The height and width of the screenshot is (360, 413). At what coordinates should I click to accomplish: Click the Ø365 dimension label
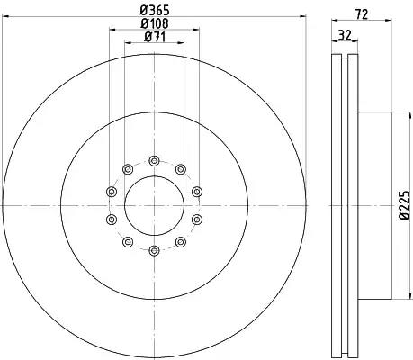155,10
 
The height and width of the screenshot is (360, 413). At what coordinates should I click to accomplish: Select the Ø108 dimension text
155,23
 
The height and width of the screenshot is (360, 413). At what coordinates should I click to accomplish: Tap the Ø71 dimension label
155,37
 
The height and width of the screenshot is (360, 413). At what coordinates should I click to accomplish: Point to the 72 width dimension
362,13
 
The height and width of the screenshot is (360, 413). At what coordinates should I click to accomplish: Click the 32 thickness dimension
345,35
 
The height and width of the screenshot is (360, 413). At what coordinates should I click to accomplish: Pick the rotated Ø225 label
404,205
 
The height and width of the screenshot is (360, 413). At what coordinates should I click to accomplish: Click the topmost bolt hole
154,161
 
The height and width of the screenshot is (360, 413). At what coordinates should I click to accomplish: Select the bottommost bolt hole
154,250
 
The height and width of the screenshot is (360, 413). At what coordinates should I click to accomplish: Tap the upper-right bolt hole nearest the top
180,169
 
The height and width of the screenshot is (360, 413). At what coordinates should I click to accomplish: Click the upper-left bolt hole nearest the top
128,169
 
